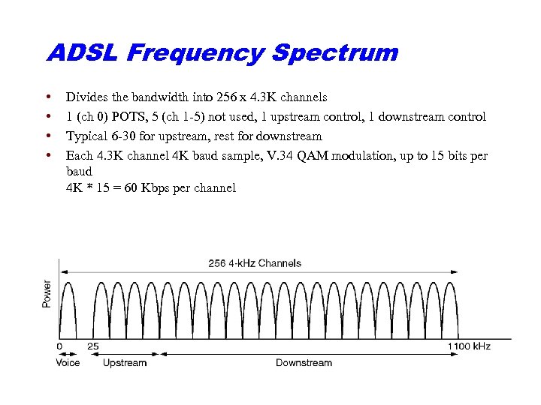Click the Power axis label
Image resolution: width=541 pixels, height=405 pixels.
pos(47,293)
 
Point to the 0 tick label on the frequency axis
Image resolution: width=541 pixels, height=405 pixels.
pos(59,346)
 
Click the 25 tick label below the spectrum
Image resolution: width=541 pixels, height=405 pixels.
pos(93,346)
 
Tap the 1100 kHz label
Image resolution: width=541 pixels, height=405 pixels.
pos(469,346)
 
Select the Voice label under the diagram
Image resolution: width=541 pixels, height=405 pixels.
pos(68,363)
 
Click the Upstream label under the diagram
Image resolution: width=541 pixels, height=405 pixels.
pos(125,363)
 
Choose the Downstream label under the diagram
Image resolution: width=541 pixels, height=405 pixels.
pos(304,363)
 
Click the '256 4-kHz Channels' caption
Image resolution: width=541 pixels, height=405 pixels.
pos(255,263)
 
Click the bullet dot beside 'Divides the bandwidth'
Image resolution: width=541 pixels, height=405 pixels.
pos(49,97)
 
